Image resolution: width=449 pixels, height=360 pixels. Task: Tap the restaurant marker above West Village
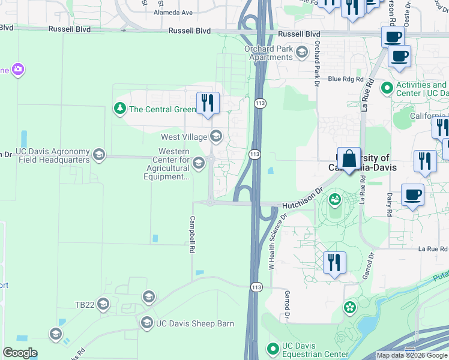[208, 103]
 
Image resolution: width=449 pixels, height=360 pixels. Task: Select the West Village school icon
[216, 137]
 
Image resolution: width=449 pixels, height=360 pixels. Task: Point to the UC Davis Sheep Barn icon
[146, 323]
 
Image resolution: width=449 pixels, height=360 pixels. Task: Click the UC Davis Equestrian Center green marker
[273, 348]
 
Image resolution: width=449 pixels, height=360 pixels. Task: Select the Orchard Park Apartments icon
[301, 53]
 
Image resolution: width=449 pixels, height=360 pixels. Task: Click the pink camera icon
[19, 70]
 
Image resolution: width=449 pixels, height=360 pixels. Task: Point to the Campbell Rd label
[193, 233]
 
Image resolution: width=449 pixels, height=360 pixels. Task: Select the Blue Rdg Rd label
[346, 79]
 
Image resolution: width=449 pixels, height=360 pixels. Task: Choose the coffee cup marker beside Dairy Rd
[412, 195]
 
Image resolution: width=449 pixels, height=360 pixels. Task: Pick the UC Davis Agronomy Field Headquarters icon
[98, 156]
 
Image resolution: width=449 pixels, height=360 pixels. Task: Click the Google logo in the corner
[20, 353]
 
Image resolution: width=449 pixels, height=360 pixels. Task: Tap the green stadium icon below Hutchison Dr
[335, 199]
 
